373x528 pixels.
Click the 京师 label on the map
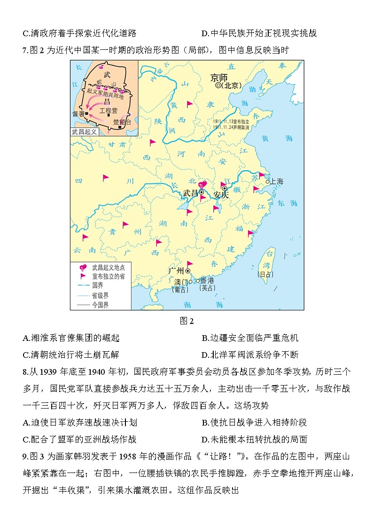point(219,77)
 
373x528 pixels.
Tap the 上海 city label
point(277,181)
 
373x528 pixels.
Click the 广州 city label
point(177,271)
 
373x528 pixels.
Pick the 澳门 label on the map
point(180,282)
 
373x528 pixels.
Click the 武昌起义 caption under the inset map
point(85,132)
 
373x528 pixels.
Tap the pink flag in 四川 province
point(106,178)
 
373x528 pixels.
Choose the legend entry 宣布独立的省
point(109,276)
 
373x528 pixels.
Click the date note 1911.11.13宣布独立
point(230,121)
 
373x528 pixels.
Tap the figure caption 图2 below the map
point(186,321)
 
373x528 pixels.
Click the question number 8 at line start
point(25,372)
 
